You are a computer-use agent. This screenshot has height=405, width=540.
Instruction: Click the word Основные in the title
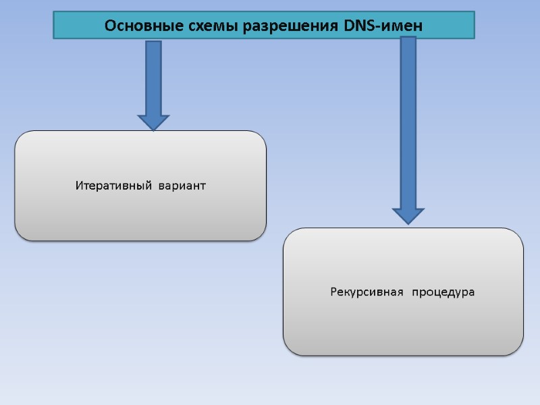pyautogui.click(x=137, y=26)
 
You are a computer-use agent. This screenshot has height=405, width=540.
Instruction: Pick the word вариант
pyautogui.click(x=182, y=186)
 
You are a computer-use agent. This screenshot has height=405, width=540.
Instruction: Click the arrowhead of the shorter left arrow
pyautogui.click(x=154, y=122)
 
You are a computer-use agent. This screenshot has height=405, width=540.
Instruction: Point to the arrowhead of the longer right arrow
pyautogui.click(x=408, y=215)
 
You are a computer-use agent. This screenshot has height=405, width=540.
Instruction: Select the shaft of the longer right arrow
pyautogui.click(x=408, y=122)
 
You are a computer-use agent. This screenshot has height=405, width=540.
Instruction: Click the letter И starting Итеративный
pyautogui.click(x=79, y=186)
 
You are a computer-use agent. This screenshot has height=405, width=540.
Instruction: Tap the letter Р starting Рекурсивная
pyautogui.click(x=334, y=292)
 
